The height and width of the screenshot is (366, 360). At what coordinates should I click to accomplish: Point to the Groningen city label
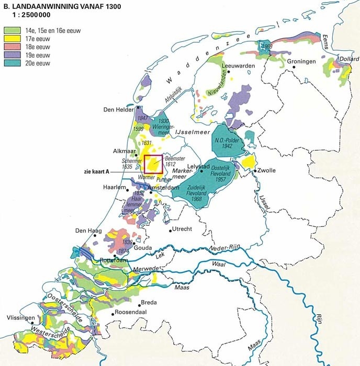301,61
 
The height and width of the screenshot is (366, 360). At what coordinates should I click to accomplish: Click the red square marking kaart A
154,165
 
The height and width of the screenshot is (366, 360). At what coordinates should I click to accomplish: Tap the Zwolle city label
265,171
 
